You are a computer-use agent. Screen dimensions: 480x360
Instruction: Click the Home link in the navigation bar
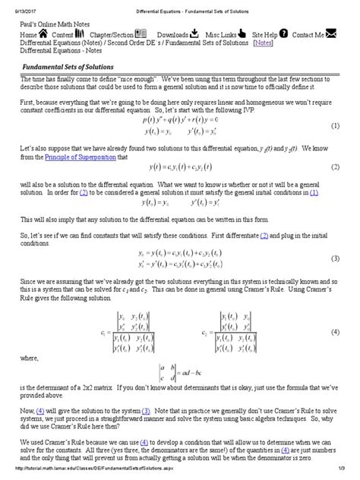27,35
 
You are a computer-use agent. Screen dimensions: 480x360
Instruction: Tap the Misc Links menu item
225,35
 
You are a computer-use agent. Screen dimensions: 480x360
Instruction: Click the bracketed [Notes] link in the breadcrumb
264,43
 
